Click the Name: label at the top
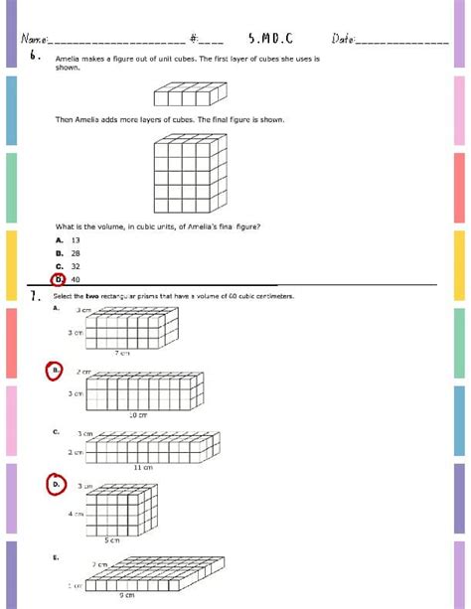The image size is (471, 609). [34, 39]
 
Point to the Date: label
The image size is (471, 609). [344, 39]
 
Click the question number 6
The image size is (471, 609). [34, 56]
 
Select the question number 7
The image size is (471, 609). [34, 295]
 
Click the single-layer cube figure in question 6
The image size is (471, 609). [185, 95]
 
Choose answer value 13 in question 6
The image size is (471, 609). [76, 239]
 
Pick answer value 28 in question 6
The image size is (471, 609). [76, 253]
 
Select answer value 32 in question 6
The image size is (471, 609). [76, 266]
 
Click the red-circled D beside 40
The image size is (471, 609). [60, 279]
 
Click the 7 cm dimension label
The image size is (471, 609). [122, 353]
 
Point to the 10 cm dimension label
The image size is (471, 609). [137, 414]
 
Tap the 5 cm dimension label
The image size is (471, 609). [113, 540]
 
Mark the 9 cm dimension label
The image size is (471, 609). [127, 595]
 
